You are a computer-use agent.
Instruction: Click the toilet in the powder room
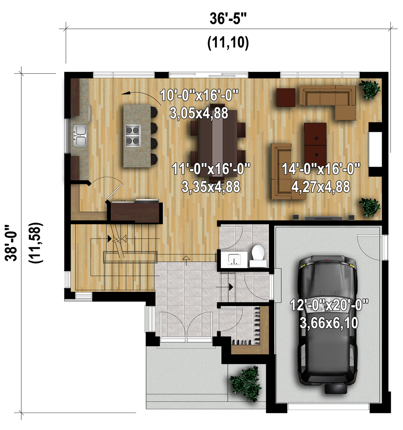(258, 255)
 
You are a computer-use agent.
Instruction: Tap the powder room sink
(234, 259)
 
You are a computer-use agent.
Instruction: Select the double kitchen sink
(80, 135)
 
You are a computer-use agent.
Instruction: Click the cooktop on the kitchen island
(133, 135)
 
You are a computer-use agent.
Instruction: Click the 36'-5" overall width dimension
(228, 19)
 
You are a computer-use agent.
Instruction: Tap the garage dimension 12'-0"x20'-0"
(329, 305)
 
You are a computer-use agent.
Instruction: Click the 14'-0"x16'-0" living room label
(321, 168)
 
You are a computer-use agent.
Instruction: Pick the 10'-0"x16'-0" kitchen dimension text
(199, 95)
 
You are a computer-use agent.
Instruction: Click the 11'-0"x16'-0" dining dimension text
(211, 168)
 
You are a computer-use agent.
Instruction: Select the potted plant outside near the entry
(245, 383)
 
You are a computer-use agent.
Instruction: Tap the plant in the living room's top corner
(369, 89)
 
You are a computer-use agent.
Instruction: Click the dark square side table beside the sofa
(286, 98)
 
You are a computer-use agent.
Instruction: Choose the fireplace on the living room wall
(375, 149)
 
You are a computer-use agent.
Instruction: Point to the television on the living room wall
(324, 218)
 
